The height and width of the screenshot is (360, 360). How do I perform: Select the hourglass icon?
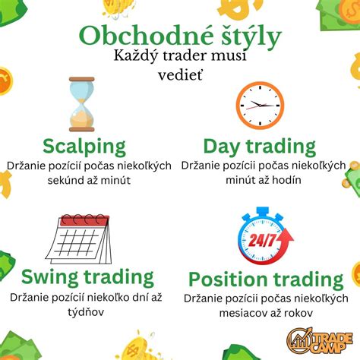coord(82,104)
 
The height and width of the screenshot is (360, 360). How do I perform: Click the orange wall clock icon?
coord(260,106)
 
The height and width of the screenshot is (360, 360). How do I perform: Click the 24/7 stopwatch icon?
coord(265,236)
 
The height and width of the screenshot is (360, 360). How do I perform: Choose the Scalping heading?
coord(84,147)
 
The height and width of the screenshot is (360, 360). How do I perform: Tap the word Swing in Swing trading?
coord(50,278)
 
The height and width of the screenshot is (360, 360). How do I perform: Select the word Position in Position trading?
coord(228,279)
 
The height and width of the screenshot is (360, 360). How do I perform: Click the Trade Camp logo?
coord(320,340)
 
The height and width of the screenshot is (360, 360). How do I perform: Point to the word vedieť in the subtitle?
coord(181,75)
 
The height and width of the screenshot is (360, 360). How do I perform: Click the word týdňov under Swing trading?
coord(86,312)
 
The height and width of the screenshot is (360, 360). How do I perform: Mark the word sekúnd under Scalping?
coord(63,180)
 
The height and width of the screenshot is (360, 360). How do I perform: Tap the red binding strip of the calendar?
coord(84,221)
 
